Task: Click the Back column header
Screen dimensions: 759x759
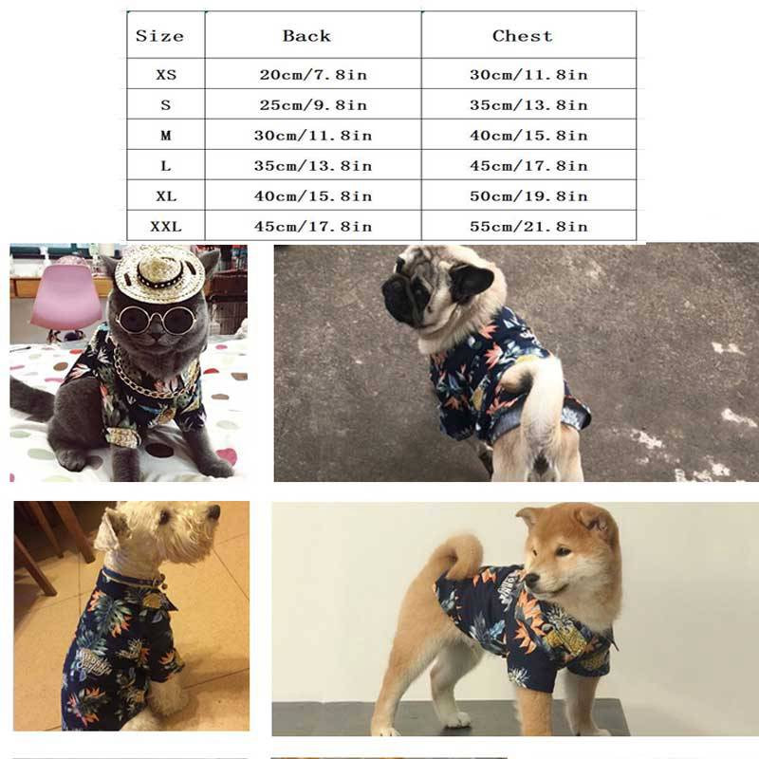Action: click(x=306, y=36)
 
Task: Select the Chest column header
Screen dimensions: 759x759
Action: click(x=522, y=36)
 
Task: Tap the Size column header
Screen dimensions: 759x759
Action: click(x=159, y=36)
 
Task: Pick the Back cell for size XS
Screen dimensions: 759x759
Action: click(x=314, y=75)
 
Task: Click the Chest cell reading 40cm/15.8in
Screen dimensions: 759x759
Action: click(x=528, y=136)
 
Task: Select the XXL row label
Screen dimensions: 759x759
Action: click(x=164, y=226)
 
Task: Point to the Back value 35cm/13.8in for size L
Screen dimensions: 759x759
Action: click(x=314, y=166)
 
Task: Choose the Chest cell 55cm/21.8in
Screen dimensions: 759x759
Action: click(x=528, y=226)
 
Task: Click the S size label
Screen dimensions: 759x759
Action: click(x=164, y=105)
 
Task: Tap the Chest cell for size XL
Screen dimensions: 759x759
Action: click(x=528, y=196)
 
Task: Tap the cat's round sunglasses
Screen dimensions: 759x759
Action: click(x=157, y=321)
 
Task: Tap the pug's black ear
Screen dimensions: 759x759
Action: click(x=471, y=282)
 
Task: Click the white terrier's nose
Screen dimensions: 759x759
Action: click(x=214, y=513)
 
